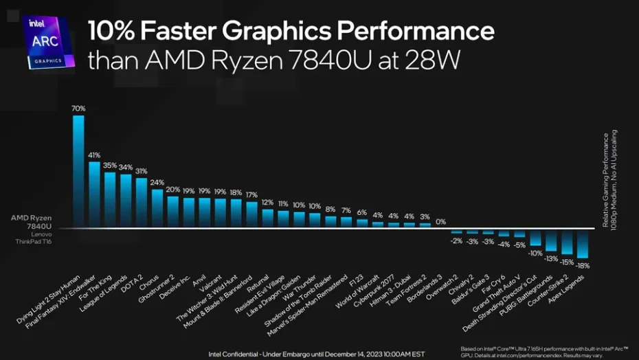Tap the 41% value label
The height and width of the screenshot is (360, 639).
click(94, 155)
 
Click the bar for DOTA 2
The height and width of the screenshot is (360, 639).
click(142, 202)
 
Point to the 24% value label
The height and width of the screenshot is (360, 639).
click(157, 183)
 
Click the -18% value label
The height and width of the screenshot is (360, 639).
click(583, 265)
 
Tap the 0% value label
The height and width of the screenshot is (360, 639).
click(440, 222)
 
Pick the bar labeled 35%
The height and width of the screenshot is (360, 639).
click(110, 199)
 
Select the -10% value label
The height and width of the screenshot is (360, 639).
click(535, 253)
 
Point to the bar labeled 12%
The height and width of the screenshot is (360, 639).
click(267, 218)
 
